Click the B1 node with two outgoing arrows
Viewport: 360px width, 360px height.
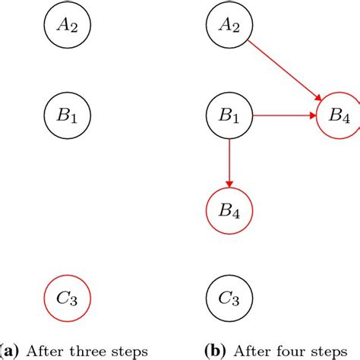point(229,116)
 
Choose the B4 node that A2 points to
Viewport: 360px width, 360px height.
point(338,116)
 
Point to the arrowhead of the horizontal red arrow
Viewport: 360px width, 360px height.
point(312,116)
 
